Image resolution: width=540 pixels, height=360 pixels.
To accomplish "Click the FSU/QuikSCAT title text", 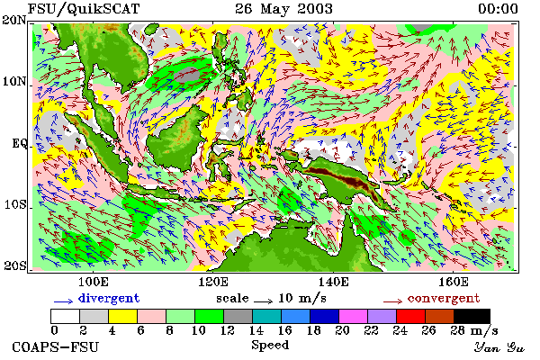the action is tap(84, 9).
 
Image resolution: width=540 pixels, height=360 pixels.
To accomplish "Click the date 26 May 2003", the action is tap(283, 9).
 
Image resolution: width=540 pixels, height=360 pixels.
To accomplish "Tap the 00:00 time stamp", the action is tap(498, 9).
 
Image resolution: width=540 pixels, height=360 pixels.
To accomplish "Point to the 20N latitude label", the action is tap(13, 20).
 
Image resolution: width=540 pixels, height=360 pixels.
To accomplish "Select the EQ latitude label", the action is tap(19, 143).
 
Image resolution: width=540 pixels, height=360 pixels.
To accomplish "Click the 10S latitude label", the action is tap(14, 204).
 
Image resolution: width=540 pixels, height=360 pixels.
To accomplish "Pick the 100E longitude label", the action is tap(93, 282).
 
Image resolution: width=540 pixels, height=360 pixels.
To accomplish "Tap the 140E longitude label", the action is tap(333, 282).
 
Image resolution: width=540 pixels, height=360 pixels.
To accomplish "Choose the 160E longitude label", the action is tap(454, 282).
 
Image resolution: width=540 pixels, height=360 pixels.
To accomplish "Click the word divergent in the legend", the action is tap(109, 298).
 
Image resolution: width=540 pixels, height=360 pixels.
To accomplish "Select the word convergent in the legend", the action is tap(444, 298).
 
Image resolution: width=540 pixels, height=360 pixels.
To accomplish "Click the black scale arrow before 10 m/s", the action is tap(264, 301).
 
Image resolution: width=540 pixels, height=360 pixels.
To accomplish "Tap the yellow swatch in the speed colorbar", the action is tap(122, 316).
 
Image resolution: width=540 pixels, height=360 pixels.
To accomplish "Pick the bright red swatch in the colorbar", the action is tap(410, 316).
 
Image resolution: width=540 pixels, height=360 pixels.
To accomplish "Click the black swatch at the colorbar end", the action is tap(472, 316).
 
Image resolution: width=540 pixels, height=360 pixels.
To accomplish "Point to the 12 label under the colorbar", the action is tap(228, 330).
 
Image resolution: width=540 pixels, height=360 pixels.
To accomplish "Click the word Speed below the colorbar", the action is tap(270, 345).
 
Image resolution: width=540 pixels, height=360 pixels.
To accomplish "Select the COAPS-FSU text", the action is tap(56, 346).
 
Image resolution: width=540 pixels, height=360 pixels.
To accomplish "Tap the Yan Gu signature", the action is tap(499, 347).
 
